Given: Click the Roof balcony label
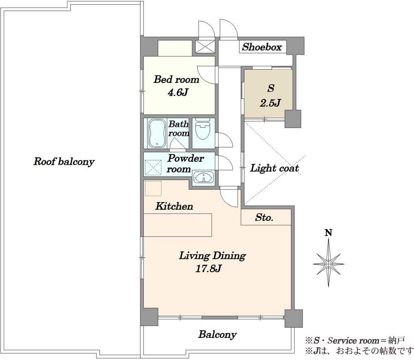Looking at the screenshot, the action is (x=64, y=162).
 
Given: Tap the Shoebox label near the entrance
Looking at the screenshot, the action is (x=262, y=47).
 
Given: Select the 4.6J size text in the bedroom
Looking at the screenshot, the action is (x=178, y=92).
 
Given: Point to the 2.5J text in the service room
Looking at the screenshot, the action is (x=270, y=103).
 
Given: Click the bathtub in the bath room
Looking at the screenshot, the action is (x=157, y=133).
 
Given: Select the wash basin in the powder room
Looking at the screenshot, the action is (x=203, y=177).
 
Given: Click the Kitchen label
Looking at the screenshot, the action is (x=174, y=206).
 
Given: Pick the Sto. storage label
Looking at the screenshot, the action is (x=264, y=217).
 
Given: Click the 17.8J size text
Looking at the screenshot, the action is (x=208, y=269).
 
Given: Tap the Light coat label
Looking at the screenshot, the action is (x=274, y=168).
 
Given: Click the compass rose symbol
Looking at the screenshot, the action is (x=328, y=263).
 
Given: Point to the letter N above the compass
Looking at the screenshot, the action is (x=328, y=233).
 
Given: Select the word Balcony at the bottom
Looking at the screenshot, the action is (x=217, y=335).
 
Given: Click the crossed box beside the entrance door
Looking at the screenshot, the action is (x=205, y=47).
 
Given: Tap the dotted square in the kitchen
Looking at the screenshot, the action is (x=153, y=188).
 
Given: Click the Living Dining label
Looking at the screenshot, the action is (x=212, y=256).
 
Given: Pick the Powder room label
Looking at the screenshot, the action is (x=185, y=164).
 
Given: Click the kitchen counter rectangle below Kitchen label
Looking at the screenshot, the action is (x=178, y=225).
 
